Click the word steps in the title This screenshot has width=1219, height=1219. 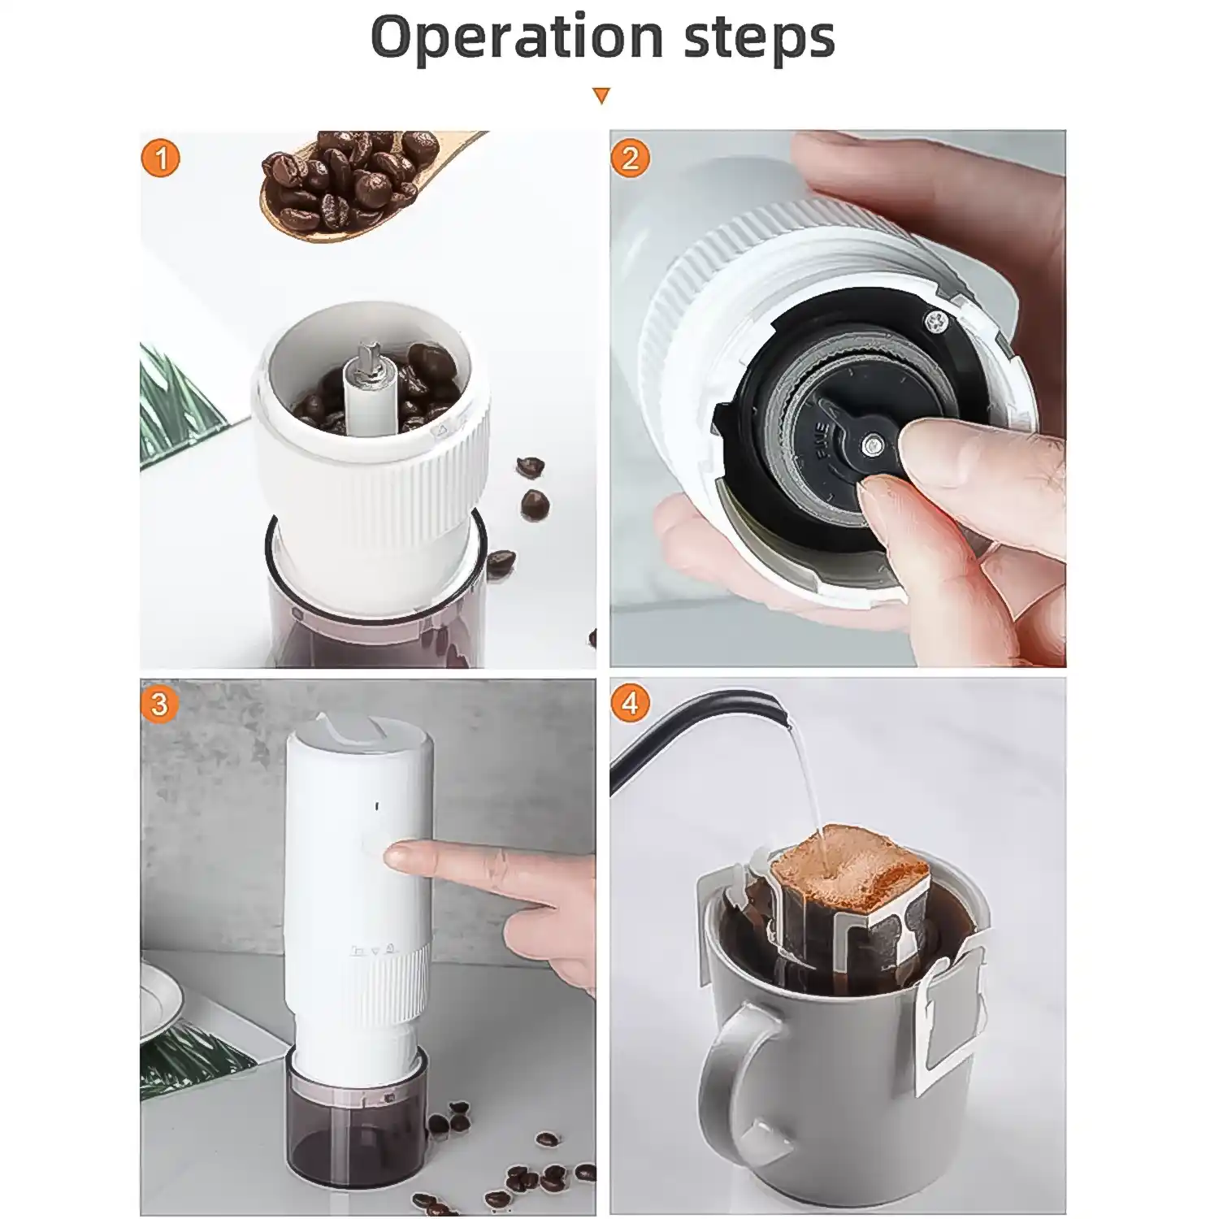click(759, 39)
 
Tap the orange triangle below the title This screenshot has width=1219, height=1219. click(601, 96)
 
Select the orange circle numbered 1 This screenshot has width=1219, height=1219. click(160, 158)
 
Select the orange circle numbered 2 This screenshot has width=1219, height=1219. click(631, 158)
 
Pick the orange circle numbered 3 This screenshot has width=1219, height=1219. click(159, 704)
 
